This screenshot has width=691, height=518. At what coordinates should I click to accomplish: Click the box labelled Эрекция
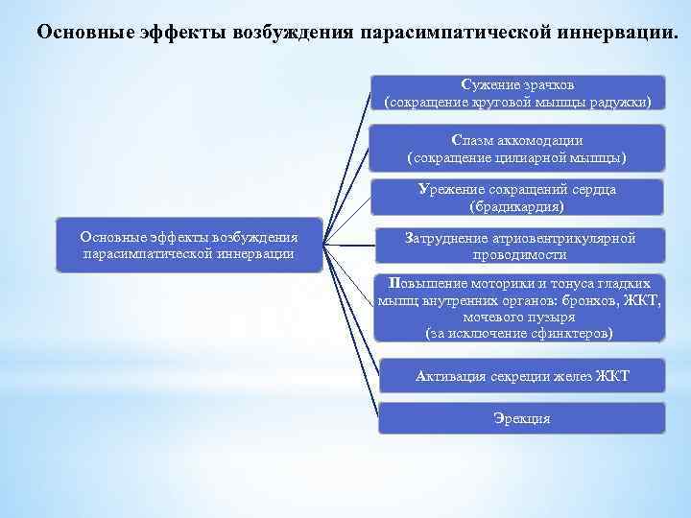coord(521,418)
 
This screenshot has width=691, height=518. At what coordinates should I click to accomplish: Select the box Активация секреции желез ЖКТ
coord(521,375)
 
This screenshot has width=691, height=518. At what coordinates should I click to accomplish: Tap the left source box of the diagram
coord(189,246)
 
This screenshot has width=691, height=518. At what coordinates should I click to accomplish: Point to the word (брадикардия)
coord(517,205)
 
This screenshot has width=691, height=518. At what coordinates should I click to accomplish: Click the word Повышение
coord(429,284)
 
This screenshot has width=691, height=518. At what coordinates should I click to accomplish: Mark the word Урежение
coord(450,189)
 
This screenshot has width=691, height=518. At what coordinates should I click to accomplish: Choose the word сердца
coord(591,189)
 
